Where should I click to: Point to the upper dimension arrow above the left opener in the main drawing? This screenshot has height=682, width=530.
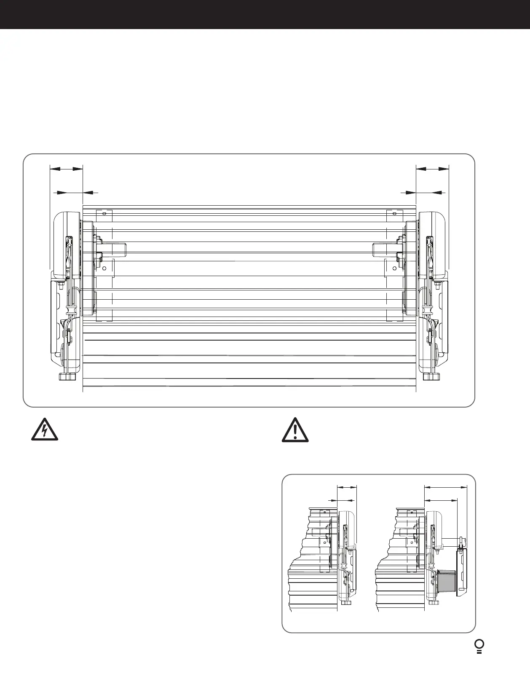click(66, 169)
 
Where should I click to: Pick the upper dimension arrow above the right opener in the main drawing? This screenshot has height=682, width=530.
click(432, 169)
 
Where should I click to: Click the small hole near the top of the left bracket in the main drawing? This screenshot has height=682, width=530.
click(104, 214)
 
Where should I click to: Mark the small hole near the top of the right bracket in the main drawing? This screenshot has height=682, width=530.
click(394, 214)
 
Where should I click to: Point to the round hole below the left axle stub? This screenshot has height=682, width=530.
click(104, 268)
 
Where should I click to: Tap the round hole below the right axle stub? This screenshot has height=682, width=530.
click(394, 268)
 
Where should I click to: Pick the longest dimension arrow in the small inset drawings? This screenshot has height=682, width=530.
click(445, 487)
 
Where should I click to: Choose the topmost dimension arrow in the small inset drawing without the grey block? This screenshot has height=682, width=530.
click(347, 487)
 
